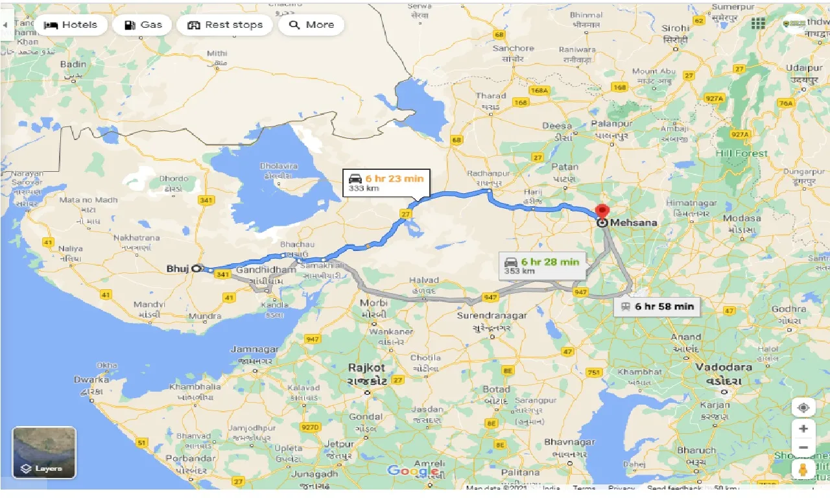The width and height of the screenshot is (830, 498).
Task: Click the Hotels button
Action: [70, 25]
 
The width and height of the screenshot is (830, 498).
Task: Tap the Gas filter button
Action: [142, 25]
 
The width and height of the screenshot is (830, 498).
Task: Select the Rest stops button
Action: [225, 25]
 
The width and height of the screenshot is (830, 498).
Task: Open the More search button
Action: [311, 25]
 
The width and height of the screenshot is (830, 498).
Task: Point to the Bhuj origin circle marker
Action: [196, 268]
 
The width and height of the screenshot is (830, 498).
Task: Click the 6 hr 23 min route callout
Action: [386, 184]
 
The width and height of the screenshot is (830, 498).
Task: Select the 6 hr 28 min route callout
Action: [542, 265]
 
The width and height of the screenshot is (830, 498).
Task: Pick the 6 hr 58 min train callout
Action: [657, 306]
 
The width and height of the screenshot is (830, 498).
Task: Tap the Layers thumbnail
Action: [44, 452]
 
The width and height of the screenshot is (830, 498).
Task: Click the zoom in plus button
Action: [803, 429]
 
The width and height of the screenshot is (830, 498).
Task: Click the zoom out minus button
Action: [803, 447]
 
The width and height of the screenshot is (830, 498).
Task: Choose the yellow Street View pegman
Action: [803, 469]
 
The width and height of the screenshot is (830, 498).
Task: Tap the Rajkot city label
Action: [366, 368]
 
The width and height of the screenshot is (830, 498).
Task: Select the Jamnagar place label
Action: [254, 350]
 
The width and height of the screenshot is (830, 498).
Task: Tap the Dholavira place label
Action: [279, 167]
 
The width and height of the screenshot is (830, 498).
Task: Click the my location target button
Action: [803, 407]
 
